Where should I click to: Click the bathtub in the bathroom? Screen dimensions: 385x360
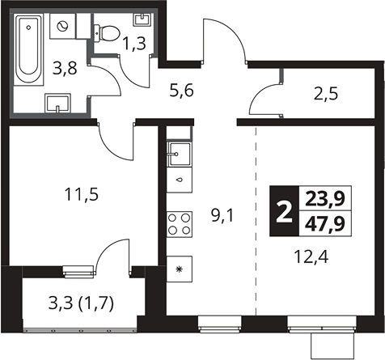28,49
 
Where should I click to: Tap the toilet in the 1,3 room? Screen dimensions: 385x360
107,33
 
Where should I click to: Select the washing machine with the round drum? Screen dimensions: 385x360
62,26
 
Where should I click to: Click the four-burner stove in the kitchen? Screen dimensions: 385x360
180,224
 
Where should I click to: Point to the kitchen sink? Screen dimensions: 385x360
180,154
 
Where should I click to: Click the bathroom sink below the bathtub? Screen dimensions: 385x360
57,103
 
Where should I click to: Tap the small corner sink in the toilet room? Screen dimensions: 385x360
142,19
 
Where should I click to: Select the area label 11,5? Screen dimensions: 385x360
82,195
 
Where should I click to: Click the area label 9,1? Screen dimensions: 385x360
222,216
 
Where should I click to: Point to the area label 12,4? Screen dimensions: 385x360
311,256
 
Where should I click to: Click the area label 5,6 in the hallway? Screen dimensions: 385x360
182,91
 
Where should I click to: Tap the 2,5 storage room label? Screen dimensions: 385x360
326,95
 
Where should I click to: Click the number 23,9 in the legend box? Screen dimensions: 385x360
325,200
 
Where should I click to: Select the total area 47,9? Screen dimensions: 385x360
325,224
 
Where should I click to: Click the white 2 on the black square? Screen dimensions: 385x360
284,212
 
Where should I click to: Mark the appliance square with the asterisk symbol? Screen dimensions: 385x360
180,269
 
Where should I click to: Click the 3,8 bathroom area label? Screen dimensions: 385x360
65,68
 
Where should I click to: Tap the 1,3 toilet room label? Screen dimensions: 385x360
134,44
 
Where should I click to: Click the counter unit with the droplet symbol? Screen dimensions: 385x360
180,180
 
